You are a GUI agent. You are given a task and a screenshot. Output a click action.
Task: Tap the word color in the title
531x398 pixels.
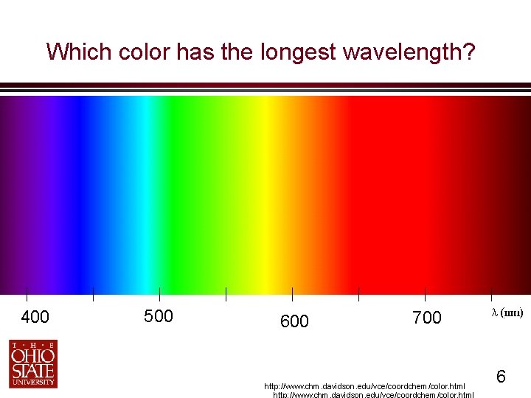pos(135,52)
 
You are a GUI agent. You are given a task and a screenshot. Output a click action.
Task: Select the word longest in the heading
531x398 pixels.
pos(292,52)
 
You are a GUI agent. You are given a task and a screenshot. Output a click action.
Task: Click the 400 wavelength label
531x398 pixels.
pos(35,318)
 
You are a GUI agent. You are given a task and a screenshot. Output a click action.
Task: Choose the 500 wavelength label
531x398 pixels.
pos(159,317)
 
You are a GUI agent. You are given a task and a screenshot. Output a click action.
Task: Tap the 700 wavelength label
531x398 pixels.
pos(427,318)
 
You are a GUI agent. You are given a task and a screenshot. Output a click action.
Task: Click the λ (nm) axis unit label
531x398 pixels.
pos(507,313)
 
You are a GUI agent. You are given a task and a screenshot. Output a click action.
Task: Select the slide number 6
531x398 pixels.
pos(501,377)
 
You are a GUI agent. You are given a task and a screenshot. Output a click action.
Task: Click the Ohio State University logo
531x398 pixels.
pos(33,363)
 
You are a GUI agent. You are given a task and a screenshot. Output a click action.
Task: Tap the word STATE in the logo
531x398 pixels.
pos(33,370)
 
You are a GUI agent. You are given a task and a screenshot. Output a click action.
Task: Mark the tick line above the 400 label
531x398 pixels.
pos(27,294)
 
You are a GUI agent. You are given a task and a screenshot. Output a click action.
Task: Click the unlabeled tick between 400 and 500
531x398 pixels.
pos(94,294)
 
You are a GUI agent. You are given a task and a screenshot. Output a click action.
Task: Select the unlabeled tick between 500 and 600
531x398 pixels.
pos(226,294)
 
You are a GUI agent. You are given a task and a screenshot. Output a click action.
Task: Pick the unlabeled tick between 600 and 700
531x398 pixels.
pos(359,294)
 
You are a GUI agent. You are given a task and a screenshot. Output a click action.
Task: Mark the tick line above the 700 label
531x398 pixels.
pos(426,294)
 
